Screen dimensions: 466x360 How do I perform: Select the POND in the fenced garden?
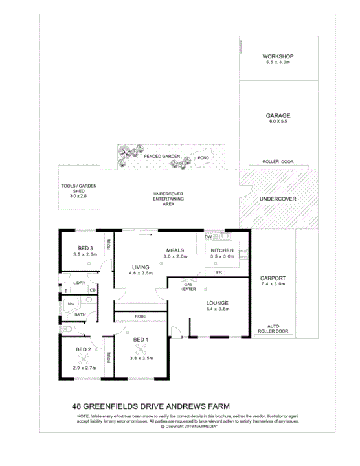click(x=202, y=157)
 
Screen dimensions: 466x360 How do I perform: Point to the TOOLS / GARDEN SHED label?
click(x=77, y=190)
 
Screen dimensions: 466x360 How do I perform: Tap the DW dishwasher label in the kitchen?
click(x=208, y=238)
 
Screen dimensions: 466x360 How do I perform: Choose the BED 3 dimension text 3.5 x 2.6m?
click(x=85, y=255)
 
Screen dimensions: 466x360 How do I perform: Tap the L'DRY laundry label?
click(x=79, y=283)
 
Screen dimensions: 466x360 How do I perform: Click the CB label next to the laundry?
click(x=93, y=291)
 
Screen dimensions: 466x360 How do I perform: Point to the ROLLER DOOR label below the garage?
click(x=278, y=162)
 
